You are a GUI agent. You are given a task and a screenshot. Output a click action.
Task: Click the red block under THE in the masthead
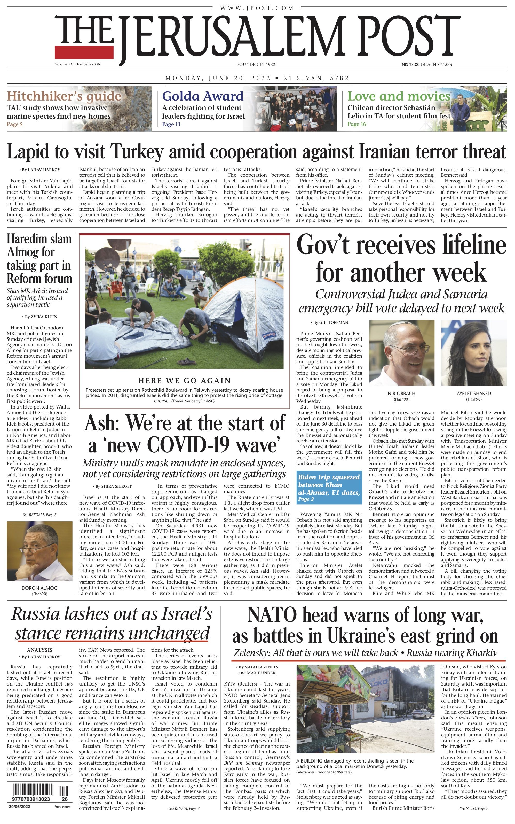pos(84,52)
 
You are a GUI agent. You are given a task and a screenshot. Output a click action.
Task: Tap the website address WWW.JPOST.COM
pos(257,8)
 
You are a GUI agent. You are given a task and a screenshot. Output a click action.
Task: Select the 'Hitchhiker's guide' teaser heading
pos(64,96)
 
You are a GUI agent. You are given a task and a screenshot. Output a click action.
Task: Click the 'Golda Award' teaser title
pos(203,96)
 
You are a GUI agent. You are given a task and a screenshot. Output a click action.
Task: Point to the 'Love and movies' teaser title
pos(399,96)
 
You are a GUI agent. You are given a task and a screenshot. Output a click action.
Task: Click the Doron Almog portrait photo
pos(39,551)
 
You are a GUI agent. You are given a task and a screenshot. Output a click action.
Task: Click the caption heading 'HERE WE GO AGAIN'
pos(184,380)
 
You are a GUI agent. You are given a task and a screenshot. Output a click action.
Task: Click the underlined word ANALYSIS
pos(40,650)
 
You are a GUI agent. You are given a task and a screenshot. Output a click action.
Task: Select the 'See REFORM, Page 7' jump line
pos(39,514)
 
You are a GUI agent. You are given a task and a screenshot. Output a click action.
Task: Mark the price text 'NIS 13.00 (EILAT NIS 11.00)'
pos(427,64)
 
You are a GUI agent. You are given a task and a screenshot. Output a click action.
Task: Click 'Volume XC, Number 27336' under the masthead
pos(77,64)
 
